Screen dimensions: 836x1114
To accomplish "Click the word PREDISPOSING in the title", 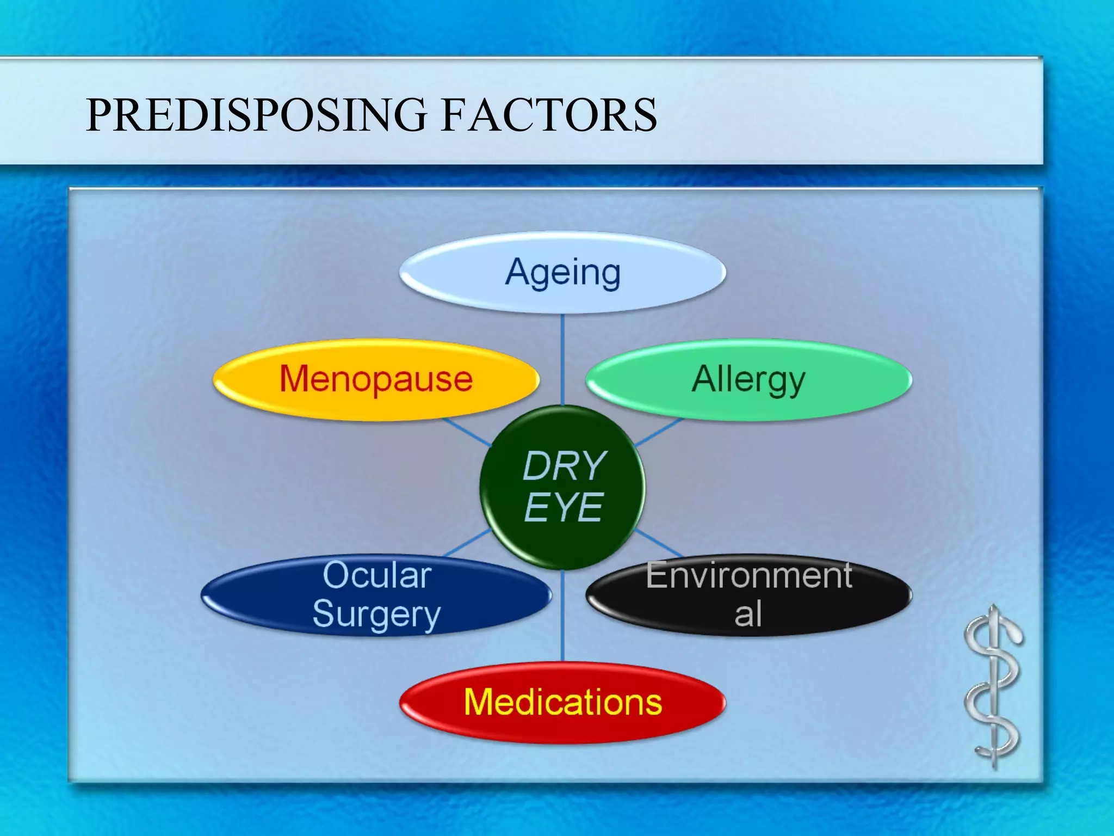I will pyautogui.click(x=256, y=115).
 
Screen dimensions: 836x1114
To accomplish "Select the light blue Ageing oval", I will pyautogui.click(x=562, y=272).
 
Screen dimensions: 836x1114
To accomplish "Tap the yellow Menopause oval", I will pyautogui.click(x=375, y=379).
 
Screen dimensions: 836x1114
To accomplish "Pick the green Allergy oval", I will pyautogui.click(x=748, y=379).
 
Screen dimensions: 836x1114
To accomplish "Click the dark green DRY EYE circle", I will pyautogui.click(x=562, y=487).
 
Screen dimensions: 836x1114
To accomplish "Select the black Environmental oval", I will pyautogui.click(x=748, y=595).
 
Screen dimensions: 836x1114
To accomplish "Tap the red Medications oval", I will pyautogui.click(x=562, y=702).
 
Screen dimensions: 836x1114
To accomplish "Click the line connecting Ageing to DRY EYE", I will pyautogui.click(x=562, y=359).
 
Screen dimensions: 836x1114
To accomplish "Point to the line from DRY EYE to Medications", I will pyautogui.click(x=562, y=615).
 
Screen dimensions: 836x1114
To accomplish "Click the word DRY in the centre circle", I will pyautogui.click(x=564, y=466).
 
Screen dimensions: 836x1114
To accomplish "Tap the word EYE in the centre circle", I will pyautogui.click(x=563, y=507).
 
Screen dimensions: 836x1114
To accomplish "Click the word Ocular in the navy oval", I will pyautogui.click(x=377, y=575).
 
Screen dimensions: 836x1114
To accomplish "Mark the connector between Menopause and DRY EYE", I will pyautogui.click(x=467, y=432).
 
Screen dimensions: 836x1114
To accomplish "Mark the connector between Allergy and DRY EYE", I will pyautogui.click(x=658, y=432).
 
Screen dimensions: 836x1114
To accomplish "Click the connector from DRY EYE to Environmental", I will pyautogui.click(x=659, y=543).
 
